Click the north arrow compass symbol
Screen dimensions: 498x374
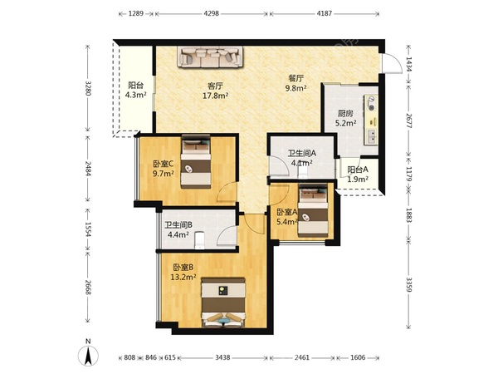click(x=88, y=355)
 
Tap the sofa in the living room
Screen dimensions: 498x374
click(x=210, y=57)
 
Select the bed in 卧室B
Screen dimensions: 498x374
click(x=223, y=303)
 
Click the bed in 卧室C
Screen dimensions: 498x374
click(x=196, y=162)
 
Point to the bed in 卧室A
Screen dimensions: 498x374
click(x=313, y=211)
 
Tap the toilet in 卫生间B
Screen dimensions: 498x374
click(x=199, y=240)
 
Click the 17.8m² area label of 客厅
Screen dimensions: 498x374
click(x=216, y=96)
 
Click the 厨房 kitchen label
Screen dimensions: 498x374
click(x=345, y=113)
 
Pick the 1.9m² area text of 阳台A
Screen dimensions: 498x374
click(x=358, y=180)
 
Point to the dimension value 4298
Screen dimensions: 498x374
click(x=211, y=13)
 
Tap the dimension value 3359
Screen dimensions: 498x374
click(x=409, y=284)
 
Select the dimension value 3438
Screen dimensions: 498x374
click(x=222, y=357)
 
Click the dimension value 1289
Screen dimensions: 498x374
click(x=136, y=13)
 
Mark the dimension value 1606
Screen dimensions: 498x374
click(x=358, y=357)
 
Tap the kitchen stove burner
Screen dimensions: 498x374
click(x=371, y=101)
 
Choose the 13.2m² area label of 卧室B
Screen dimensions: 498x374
click(x=183, y=278)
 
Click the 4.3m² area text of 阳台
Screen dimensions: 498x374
click(x=136, y=95)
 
